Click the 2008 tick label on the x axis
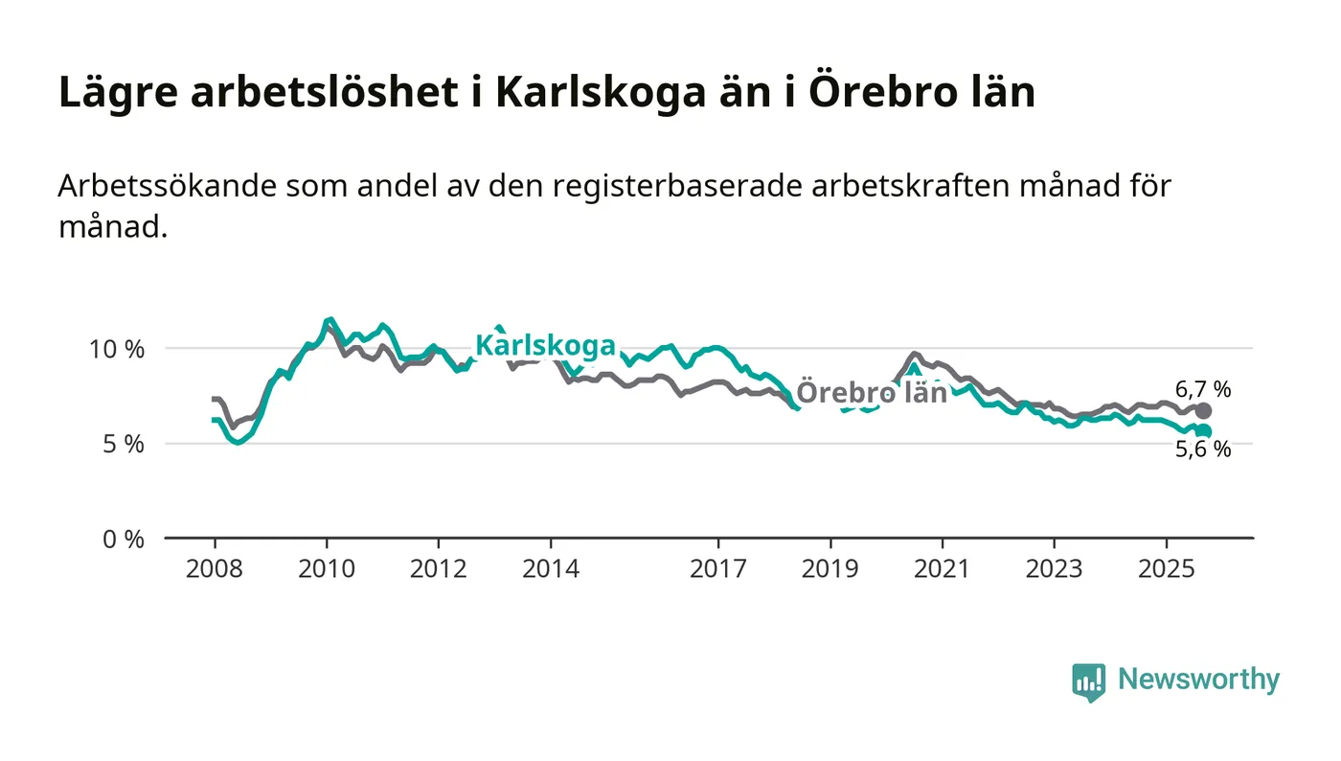215,568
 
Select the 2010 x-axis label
327,568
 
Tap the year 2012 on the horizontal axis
439,568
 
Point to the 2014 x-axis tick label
551,568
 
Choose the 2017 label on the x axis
718,568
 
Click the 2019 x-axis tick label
830,568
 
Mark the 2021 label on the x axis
943,568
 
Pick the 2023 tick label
1054,568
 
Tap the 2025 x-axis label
1166,568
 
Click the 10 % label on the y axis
117,349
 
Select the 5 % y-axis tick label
123,444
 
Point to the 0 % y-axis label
123,539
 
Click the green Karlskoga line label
545,345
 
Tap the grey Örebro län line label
872,393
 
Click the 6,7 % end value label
1204,389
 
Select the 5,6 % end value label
1204,449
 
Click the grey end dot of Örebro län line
1204,411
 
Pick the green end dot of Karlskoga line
1204,431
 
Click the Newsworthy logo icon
1088,681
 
